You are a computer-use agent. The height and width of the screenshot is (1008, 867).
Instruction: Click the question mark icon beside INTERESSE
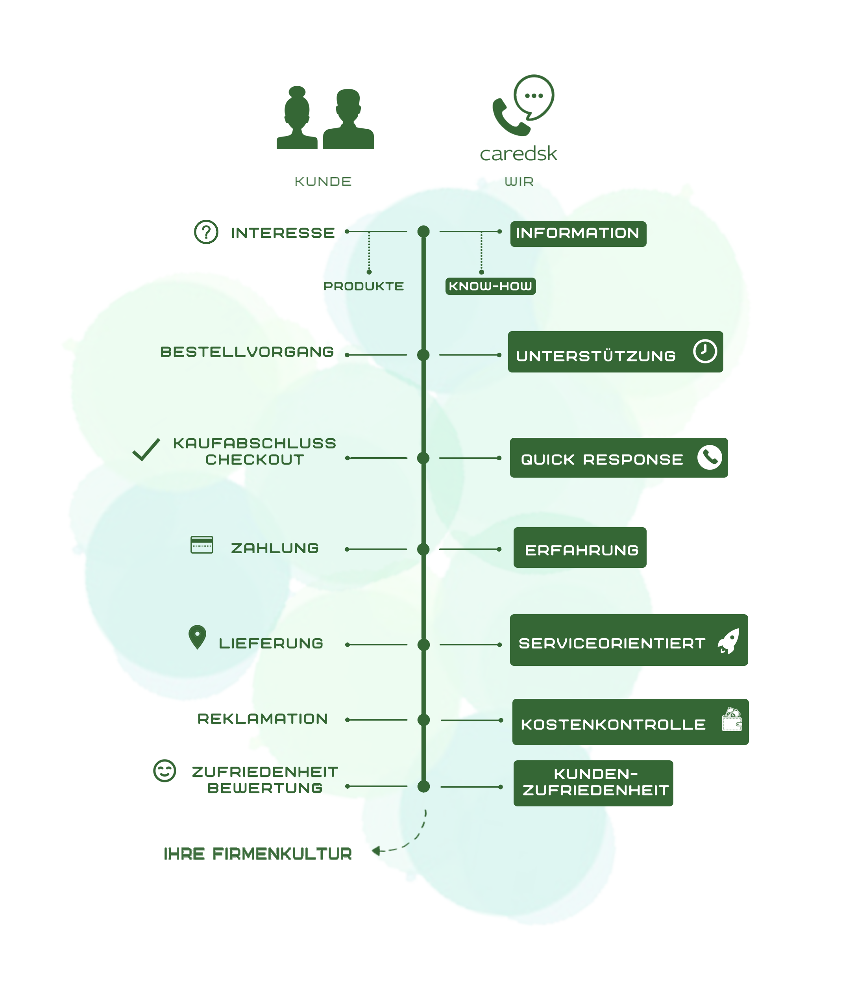[x=206, y=232]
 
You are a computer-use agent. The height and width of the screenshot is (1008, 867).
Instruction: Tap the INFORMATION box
[x=578, y=233]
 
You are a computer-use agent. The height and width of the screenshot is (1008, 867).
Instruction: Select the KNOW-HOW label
[x=490, y=286]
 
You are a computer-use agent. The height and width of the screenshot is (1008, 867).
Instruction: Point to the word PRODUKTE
[x=363, y=286]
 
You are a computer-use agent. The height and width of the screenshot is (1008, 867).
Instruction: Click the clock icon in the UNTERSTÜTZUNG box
[x=704, y=351]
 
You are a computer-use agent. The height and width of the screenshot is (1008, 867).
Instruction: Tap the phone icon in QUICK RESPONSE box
[x=710, y=457]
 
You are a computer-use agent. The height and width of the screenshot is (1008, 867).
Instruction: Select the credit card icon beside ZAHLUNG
[x=202, y=545]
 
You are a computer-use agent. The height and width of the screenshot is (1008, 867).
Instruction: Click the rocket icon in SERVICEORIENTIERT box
[x=729, y=641]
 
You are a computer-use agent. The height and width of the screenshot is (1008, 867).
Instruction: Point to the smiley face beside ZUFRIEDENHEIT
[x=165, y=771]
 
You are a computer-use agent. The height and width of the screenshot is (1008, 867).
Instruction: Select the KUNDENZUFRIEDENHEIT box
[x=593, y=783]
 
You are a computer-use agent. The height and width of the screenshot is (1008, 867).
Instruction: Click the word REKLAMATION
[x=263, y=719]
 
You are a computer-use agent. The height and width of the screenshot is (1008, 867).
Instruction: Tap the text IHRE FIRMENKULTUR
[x=258, y=853]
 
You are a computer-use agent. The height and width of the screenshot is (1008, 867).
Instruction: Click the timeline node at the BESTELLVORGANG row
[x=423, y=355]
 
